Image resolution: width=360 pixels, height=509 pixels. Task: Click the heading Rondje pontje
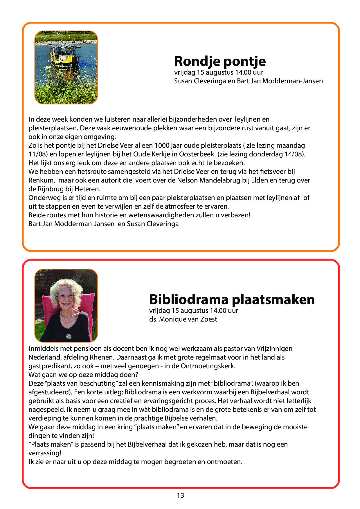click(220, 61)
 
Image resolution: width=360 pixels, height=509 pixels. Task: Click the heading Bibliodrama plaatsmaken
click(232, 299)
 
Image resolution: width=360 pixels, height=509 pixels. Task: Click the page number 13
click(180, 495)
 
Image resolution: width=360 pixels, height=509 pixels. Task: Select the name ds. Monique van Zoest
click(183, 319)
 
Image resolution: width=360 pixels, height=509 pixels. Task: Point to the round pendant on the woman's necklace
click(69, 336)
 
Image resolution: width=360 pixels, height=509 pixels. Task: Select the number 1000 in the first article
click(162, 145)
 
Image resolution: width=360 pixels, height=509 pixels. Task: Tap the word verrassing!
click(45, 453)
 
